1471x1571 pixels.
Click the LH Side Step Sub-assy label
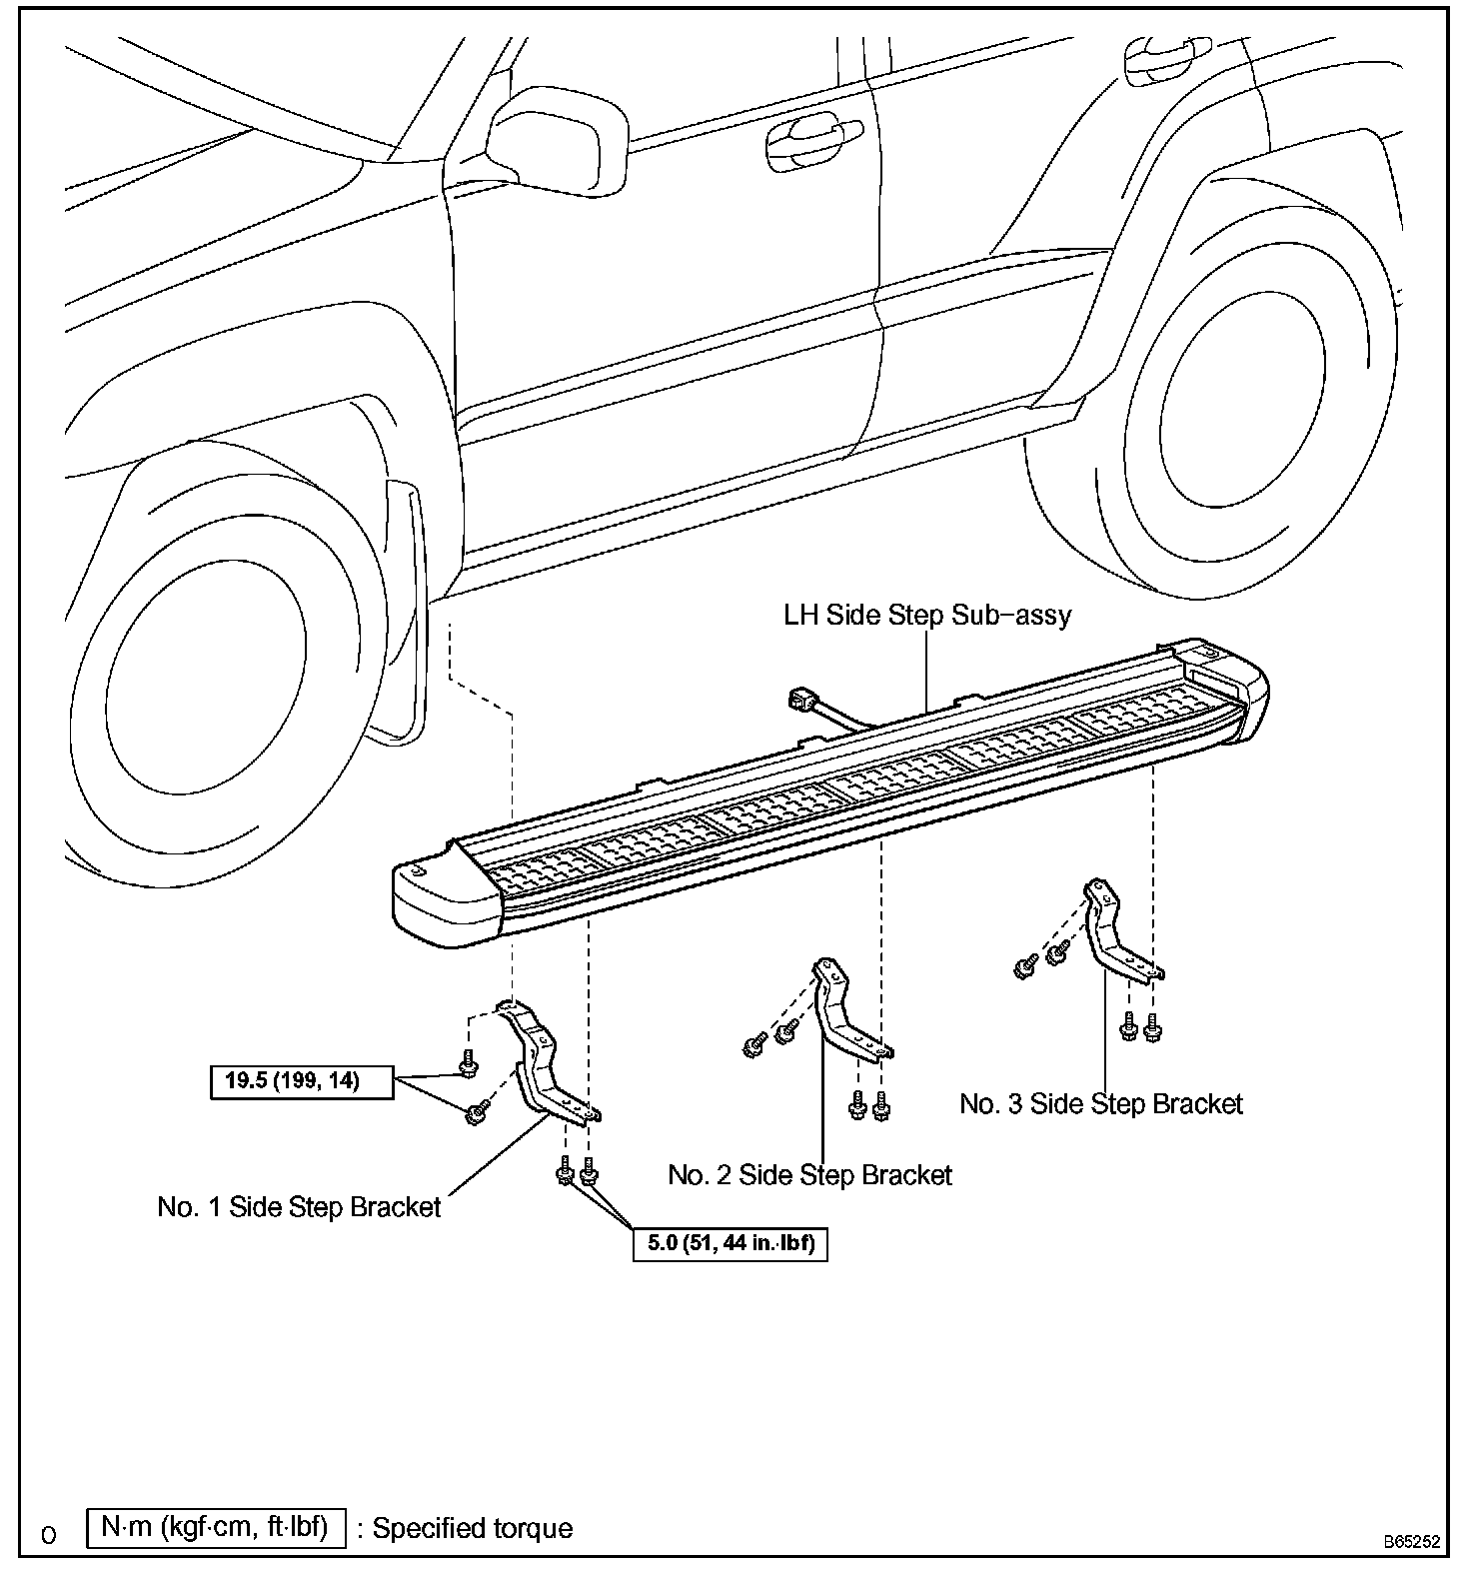[926, 615]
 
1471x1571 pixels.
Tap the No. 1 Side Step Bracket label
[299, 1207]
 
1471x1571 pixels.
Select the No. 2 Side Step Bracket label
[809, 1175]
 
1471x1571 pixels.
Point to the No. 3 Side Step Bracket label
[1100, 1104]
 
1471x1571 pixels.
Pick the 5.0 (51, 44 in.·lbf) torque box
[731, 1244]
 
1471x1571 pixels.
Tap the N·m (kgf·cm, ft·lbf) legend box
[215, 1529]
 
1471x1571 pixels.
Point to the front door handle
[811, 137]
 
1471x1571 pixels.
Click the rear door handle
[1164, 60]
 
